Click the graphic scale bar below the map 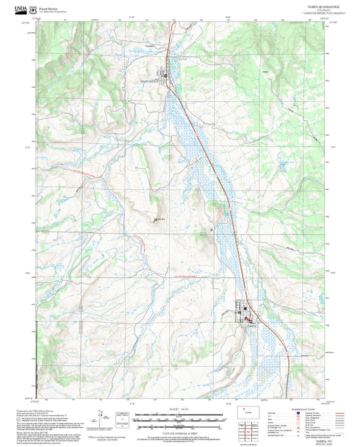coord(180,419)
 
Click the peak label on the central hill coord(160,219)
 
